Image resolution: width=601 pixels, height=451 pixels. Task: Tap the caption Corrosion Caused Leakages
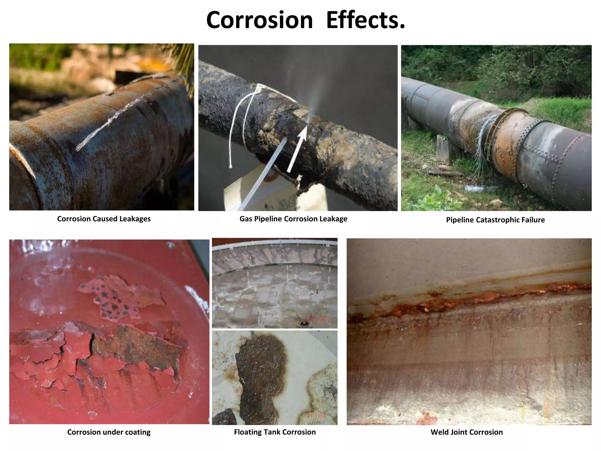pos(104,219)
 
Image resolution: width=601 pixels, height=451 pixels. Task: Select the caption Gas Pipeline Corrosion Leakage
pos(293,219)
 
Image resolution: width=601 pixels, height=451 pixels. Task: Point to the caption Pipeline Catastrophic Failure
pos(495,220)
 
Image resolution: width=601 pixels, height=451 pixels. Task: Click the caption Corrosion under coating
pos(109,432)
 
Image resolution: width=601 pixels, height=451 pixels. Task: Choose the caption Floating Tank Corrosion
pos(275,432)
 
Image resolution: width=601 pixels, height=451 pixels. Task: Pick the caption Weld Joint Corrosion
pos(467,432)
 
